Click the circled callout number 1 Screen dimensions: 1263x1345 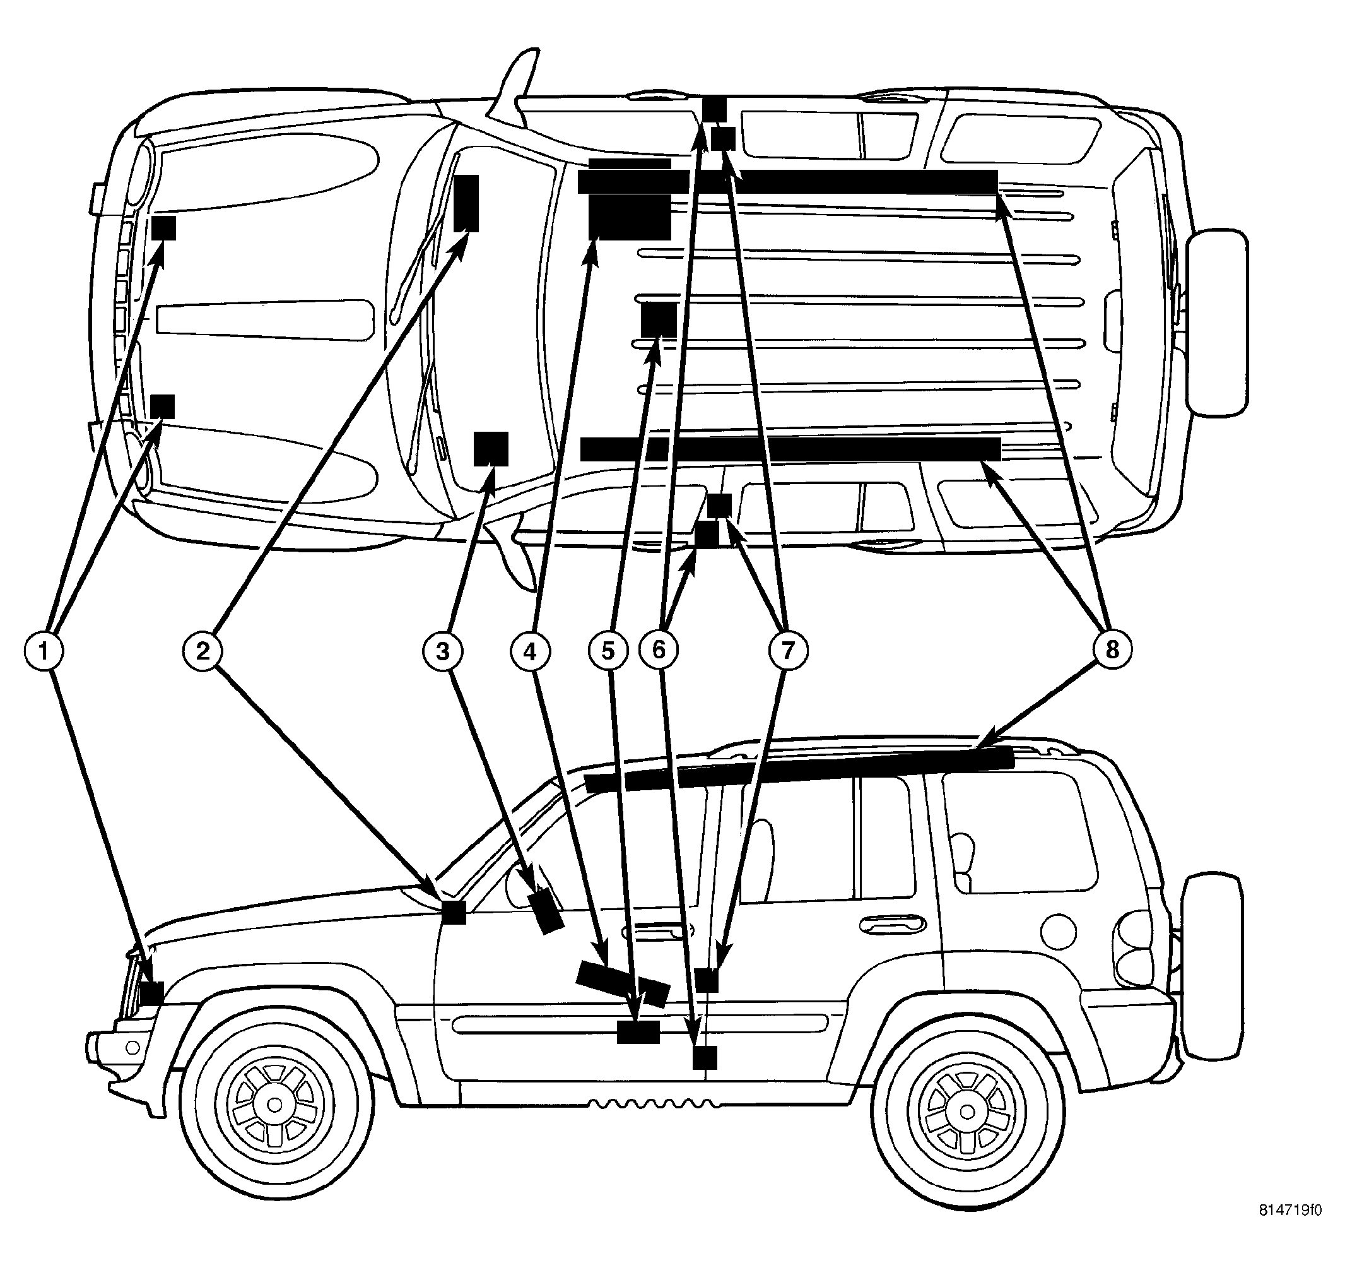tap(44, 651)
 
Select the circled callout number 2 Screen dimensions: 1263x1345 tap(203, 651)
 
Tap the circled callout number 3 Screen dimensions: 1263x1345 tap(442, 651)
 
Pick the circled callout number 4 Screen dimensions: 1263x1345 tap(531, 651)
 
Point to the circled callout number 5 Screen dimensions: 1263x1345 tap(608, 651)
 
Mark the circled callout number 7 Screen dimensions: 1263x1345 tap(788, 651)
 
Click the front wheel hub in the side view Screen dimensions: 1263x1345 tap(274, 1105)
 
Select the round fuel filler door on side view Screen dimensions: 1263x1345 tap(1058, 932)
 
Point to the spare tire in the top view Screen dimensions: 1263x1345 tap(1216, 322)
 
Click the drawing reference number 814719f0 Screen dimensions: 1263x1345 tap(1289, 1228)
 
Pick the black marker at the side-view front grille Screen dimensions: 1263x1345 tap(151, 993)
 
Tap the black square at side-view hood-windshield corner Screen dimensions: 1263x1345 tap(454, 911)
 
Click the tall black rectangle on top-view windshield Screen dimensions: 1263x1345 tap(466, 203)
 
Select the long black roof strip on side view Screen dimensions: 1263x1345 tap(798, 769)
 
